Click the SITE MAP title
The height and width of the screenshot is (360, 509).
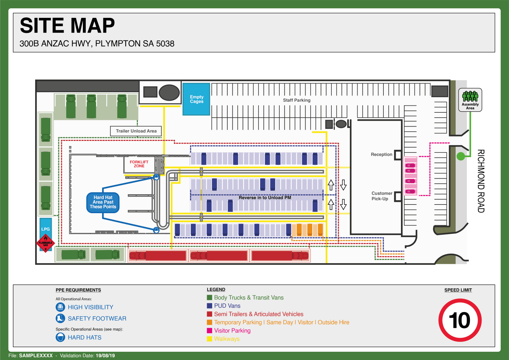coord(67,26)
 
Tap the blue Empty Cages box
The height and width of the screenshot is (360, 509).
coord(197,99)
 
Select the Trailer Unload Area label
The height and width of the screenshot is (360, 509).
coord(136,131)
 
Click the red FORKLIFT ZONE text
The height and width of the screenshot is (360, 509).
coord(139,164)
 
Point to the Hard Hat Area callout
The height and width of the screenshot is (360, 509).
coord(103,202)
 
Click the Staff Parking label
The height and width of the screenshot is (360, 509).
coord(297,100)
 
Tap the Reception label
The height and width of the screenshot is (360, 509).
coord(381,154)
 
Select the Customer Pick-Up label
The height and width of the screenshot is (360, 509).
coord(381,196)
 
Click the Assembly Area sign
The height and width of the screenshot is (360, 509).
coord(470,100)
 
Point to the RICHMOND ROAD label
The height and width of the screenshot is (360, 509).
coord(481,181)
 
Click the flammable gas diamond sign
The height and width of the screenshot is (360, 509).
coord(45,243)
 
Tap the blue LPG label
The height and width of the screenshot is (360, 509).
coord(45,229)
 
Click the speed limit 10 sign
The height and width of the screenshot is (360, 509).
coord(460,320)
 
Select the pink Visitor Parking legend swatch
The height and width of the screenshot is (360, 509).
coord(209,330)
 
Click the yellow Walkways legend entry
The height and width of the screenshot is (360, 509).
coord(227,339)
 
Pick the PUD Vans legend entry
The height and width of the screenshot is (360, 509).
coord(227,306)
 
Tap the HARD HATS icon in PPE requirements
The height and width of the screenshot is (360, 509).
coord(60,337)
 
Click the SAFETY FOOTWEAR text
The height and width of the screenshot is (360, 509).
coord(97,319)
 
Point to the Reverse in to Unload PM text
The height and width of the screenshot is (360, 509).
coord(265,198)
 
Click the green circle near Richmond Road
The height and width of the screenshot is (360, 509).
coord(461,156)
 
